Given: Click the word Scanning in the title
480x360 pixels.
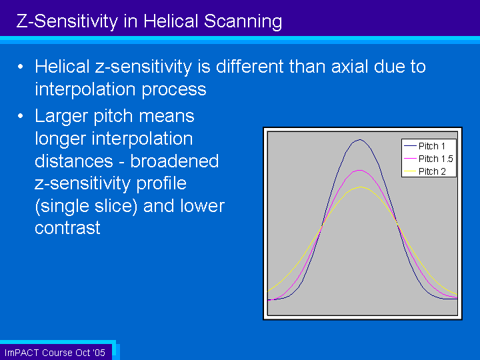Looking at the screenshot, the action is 243,22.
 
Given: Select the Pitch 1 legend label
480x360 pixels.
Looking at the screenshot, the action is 431,146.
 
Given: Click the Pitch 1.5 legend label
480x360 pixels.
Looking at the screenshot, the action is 435,159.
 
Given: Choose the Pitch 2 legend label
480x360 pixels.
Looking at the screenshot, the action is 432,171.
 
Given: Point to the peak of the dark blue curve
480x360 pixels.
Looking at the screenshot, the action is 360,140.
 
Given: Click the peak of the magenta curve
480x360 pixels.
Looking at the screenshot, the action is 360,170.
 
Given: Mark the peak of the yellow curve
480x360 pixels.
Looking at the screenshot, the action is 361,187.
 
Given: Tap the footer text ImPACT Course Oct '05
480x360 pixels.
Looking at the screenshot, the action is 55,353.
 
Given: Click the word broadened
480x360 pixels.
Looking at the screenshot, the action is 175,161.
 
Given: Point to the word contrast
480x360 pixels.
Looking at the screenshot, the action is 67,228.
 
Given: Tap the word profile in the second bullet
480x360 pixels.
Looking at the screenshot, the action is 161,184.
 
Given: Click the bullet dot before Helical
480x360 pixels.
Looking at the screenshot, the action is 21,67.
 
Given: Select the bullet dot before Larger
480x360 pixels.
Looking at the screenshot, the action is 21,116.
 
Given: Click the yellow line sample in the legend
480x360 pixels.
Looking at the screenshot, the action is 410,171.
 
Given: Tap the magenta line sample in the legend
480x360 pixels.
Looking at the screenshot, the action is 410,159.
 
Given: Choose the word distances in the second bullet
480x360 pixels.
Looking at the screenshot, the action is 74,161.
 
